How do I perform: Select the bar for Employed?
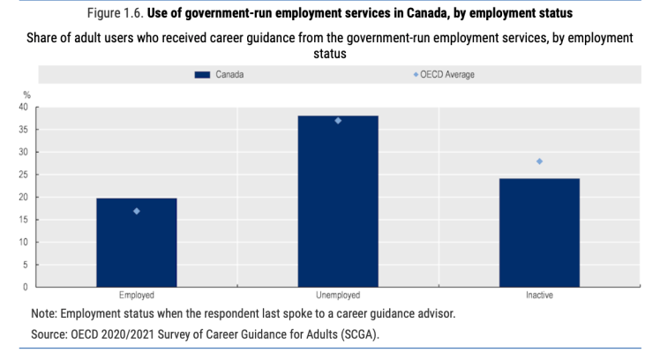pos(136,243)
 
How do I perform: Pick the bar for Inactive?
pos(539,233)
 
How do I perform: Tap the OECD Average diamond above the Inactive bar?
pos(539,161)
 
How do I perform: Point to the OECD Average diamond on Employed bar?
pos(136,211)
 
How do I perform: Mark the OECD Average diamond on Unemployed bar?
pos(338,121)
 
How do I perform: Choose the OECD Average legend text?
pos(448,75)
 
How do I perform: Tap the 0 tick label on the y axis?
pos(26,287)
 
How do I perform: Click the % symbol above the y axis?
pos(26,94)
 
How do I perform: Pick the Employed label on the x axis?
pos(136,296)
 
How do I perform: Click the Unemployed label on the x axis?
pos(338,296)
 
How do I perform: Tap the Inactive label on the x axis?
pos(539,296)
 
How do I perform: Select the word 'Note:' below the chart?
pos(45,313)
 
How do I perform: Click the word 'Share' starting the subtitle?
pos(51,38)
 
